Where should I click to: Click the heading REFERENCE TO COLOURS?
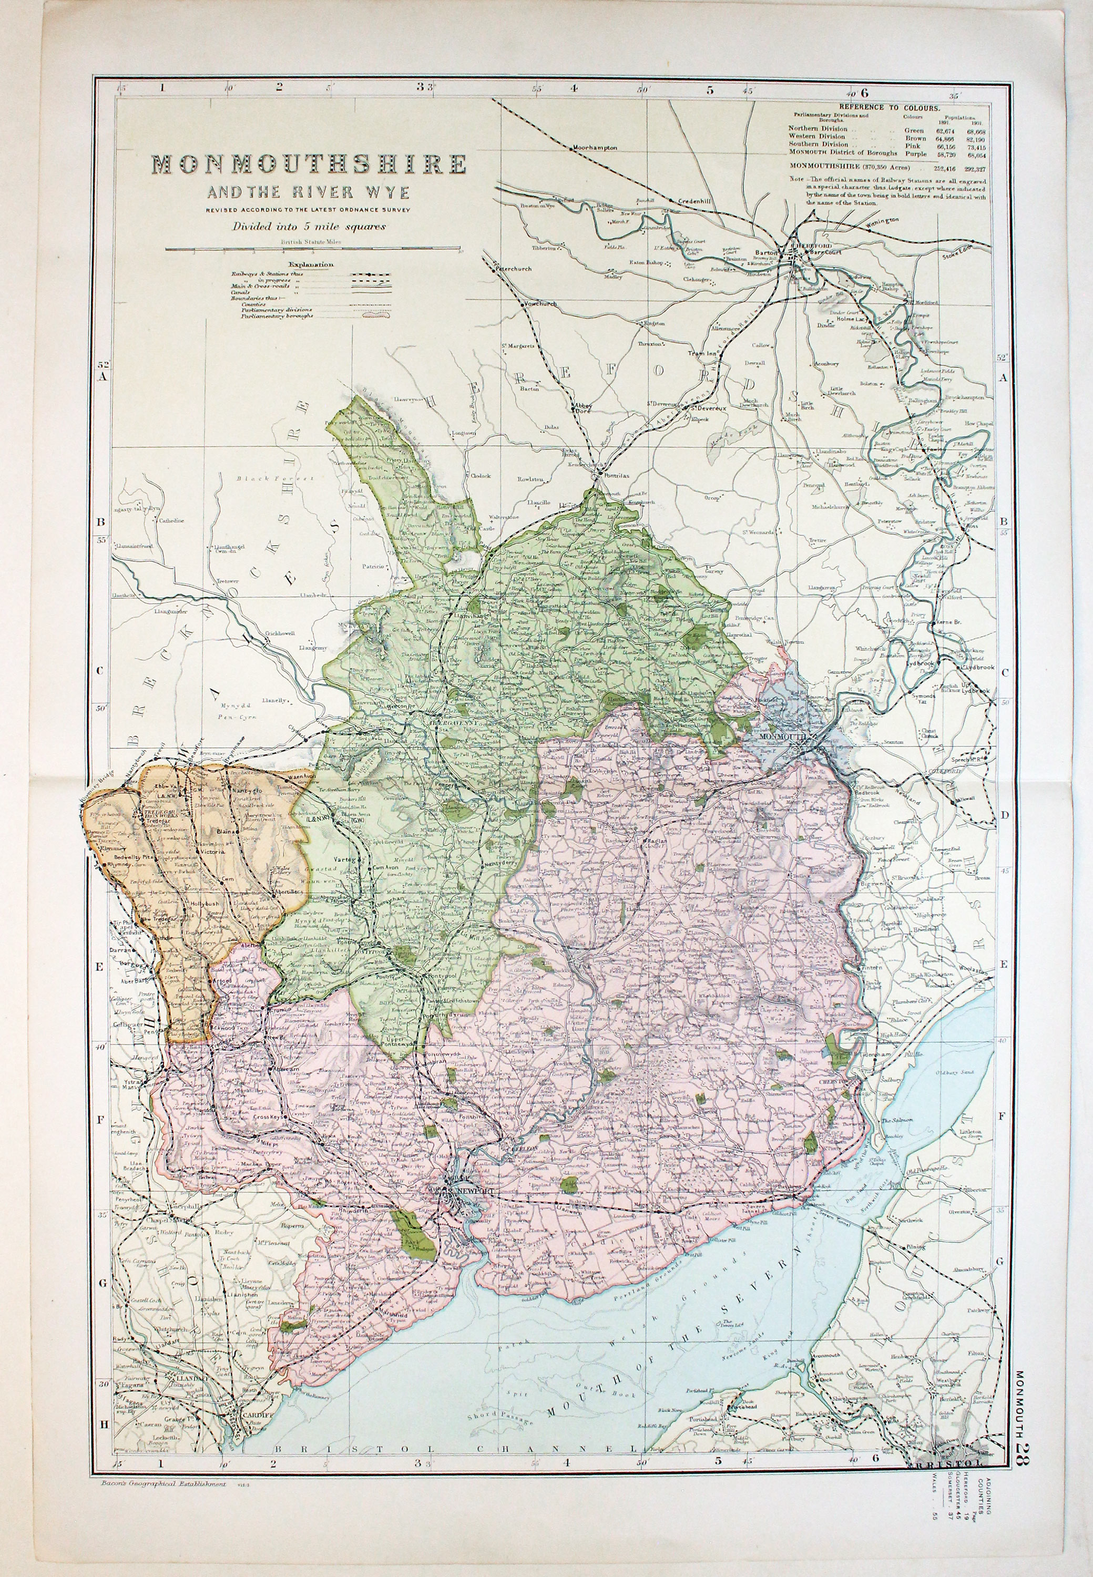coord(890,108)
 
